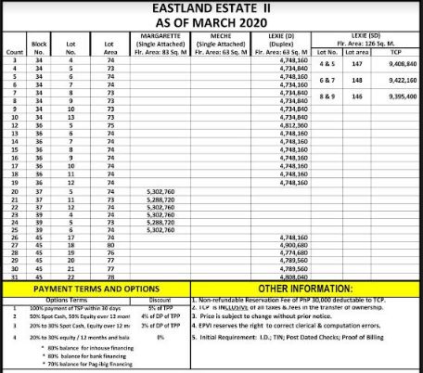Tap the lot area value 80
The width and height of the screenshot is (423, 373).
[110, 244]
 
